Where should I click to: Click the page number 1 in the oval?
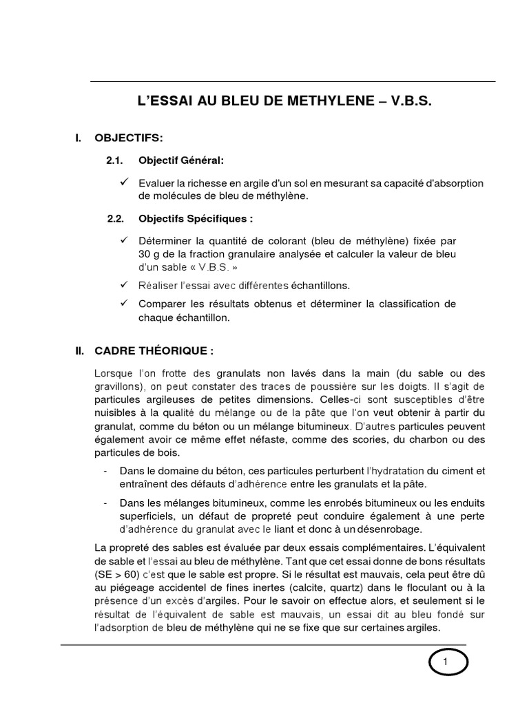click(x=445, y=662)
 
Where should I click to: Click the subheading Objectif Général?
click(x=181, y=160)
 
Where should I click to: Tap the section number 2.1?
click(x=114, y=160)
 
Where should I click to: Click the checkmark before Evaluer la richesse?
click(x=124, y=182)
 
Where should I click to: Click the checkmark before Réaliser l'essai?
click(x=124, y=284)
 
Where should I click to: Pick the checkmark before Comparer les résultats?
click(x=124, y=304)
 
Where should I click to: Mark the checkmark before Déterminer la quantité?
click(x=124, y=240)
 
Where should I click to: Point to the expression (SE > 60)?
click(x=120, y=572)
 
